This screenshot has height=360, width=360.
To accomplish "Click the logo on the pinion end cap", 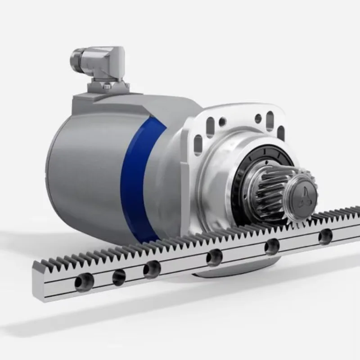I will pos(303,193).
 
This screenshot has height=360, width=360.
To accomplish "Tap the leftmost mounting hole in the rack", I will pos(84,282).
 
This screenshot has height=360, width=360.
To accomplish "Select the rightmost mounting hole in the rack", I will pos(325,236).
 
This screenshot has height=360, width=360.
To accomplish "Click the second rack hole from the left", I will pos(119,277).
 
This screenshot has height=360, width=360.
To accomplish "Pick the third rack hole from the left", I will pos(152,270).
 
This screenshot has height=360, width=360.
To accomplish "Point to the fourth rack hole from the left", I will pos(214,257).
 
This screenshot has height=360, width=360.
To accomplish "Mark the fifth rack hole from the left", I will pos(272,246).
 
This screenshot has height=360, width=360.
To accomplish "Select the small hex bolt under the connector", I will pos(107,86).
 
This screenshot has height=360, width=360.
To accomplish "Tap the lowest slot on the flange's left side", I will pos(198,145).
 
